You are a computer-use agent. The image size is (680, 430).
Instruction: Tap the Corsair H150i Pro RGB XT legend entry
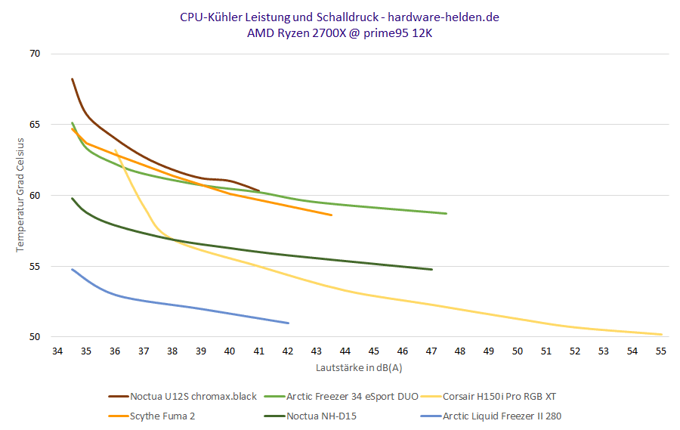point(499,396)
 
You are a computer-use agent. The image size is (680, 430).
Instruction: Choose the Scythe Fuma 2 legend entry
point(162,416)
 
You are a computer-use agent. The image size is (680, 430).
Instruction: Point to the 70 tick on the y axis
point(36,54)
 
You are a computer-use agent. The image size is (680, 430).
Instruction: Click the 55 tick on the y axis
point(36,267)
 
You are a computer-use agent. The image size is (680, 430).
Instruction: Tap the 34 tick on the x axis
point(57,351)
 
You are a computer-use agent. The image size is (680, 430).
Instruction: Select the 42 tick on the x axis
point(288,351)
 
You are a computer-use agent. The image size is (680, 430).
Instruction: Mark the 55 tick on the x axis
point(662,351)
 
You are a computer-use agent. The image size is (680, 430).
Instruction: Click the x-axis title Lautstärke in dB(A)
point(359,367)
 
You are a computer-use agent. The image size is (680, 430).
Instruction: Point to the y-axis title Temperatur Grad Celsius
point(20,195)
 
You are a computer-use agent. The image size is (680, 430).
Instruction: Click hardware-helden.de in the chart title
point(444,17)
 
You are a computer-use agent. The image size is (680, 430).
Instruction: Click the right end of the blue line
point(289,323)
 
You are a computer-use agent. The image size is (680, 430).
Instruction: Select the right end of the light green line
point(447,214)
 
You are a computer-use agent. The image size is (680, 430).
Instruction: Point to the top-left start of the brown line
point(72,79)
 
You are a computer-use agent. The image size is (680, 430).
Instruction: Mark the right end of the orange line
point(332,215)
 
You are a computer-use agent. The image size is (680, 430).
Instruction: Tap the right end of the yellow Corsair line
point(662,334)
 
